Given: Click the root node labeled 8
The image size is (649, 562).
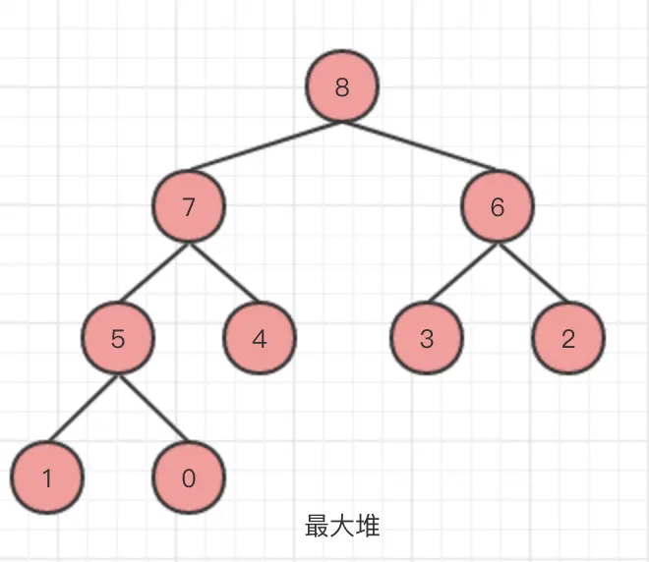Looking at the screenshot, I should (341, 87).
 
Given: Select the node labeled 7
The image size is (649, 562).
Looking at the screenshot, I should (189, 206).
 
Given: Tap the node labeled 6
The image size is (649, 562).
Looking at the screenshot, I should (498, 206).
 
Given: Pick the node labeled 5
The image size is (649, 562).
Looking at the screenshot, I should (118, 339).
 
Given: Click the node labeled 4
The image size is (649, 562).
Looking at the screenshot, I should (260, 339).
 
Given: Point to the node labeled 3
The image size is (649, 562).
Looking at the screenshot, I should (427, 339).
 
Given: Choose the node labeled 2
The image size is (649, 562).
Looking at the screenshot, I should (568, 339).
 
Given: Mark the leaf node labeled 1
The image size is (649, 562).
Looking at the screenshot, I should (46, 478).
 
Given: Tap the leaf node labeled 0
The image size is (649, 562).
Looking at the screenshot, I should (189, 478).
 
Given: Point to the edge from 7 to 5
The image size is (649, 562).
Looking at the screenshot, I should (153, 273).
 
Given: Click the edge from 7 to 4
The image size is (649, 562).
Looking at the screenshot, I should (224, 273).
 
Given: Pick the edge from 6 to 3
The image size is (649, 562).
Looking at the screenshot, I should (462, 273).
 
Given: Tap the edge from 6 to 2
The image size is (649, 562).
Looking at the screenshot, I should (533, 273).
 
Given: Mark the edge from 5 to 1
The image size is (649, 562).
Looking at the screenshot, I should (83, 409).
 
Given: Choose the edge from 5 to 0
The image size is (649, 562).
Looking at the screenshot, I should (153, 409).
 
